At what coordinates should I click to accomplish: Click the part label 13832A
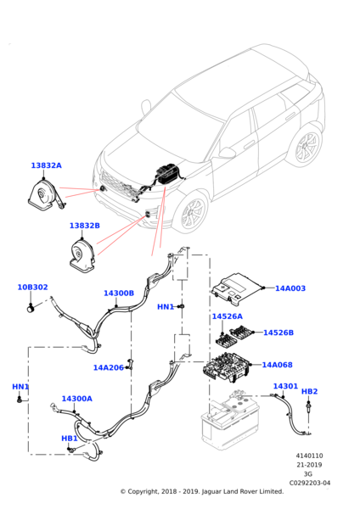(x=46, y=165)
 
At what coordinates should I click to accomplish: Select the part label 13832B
(x=85, y=226)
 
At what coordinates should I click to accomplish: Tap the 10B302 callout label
(x=32, y=288)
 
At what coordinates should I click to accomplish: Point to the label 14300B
(x=119, y=294)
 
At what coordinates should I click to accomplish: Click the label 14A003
(x=290, y=288)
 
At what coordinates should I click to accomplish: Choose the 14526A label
(x=227, y=316)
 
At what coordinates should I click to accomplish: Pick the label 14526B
(x=278, y=333)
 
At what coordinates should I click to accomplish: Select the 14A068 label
(x=277, y=365)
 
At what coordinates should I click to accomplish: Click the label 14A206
(x=109, y=368)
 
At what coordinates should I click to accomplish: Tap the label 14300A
(x=77, y=399)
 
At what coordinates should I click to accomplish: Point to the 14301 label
(x=285, y=386)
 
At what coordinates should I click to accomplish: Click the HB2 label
(x=310, y=391)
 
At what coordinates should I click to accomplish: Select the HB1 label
(x=70, y=439)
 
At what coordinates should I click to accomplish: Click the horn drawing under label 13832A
(x=46, y=195)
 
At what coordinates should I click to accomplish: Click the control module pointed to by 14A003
(x=236, y=289)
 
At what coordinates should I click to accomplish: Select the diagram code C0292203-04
(x=310, y=483)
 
